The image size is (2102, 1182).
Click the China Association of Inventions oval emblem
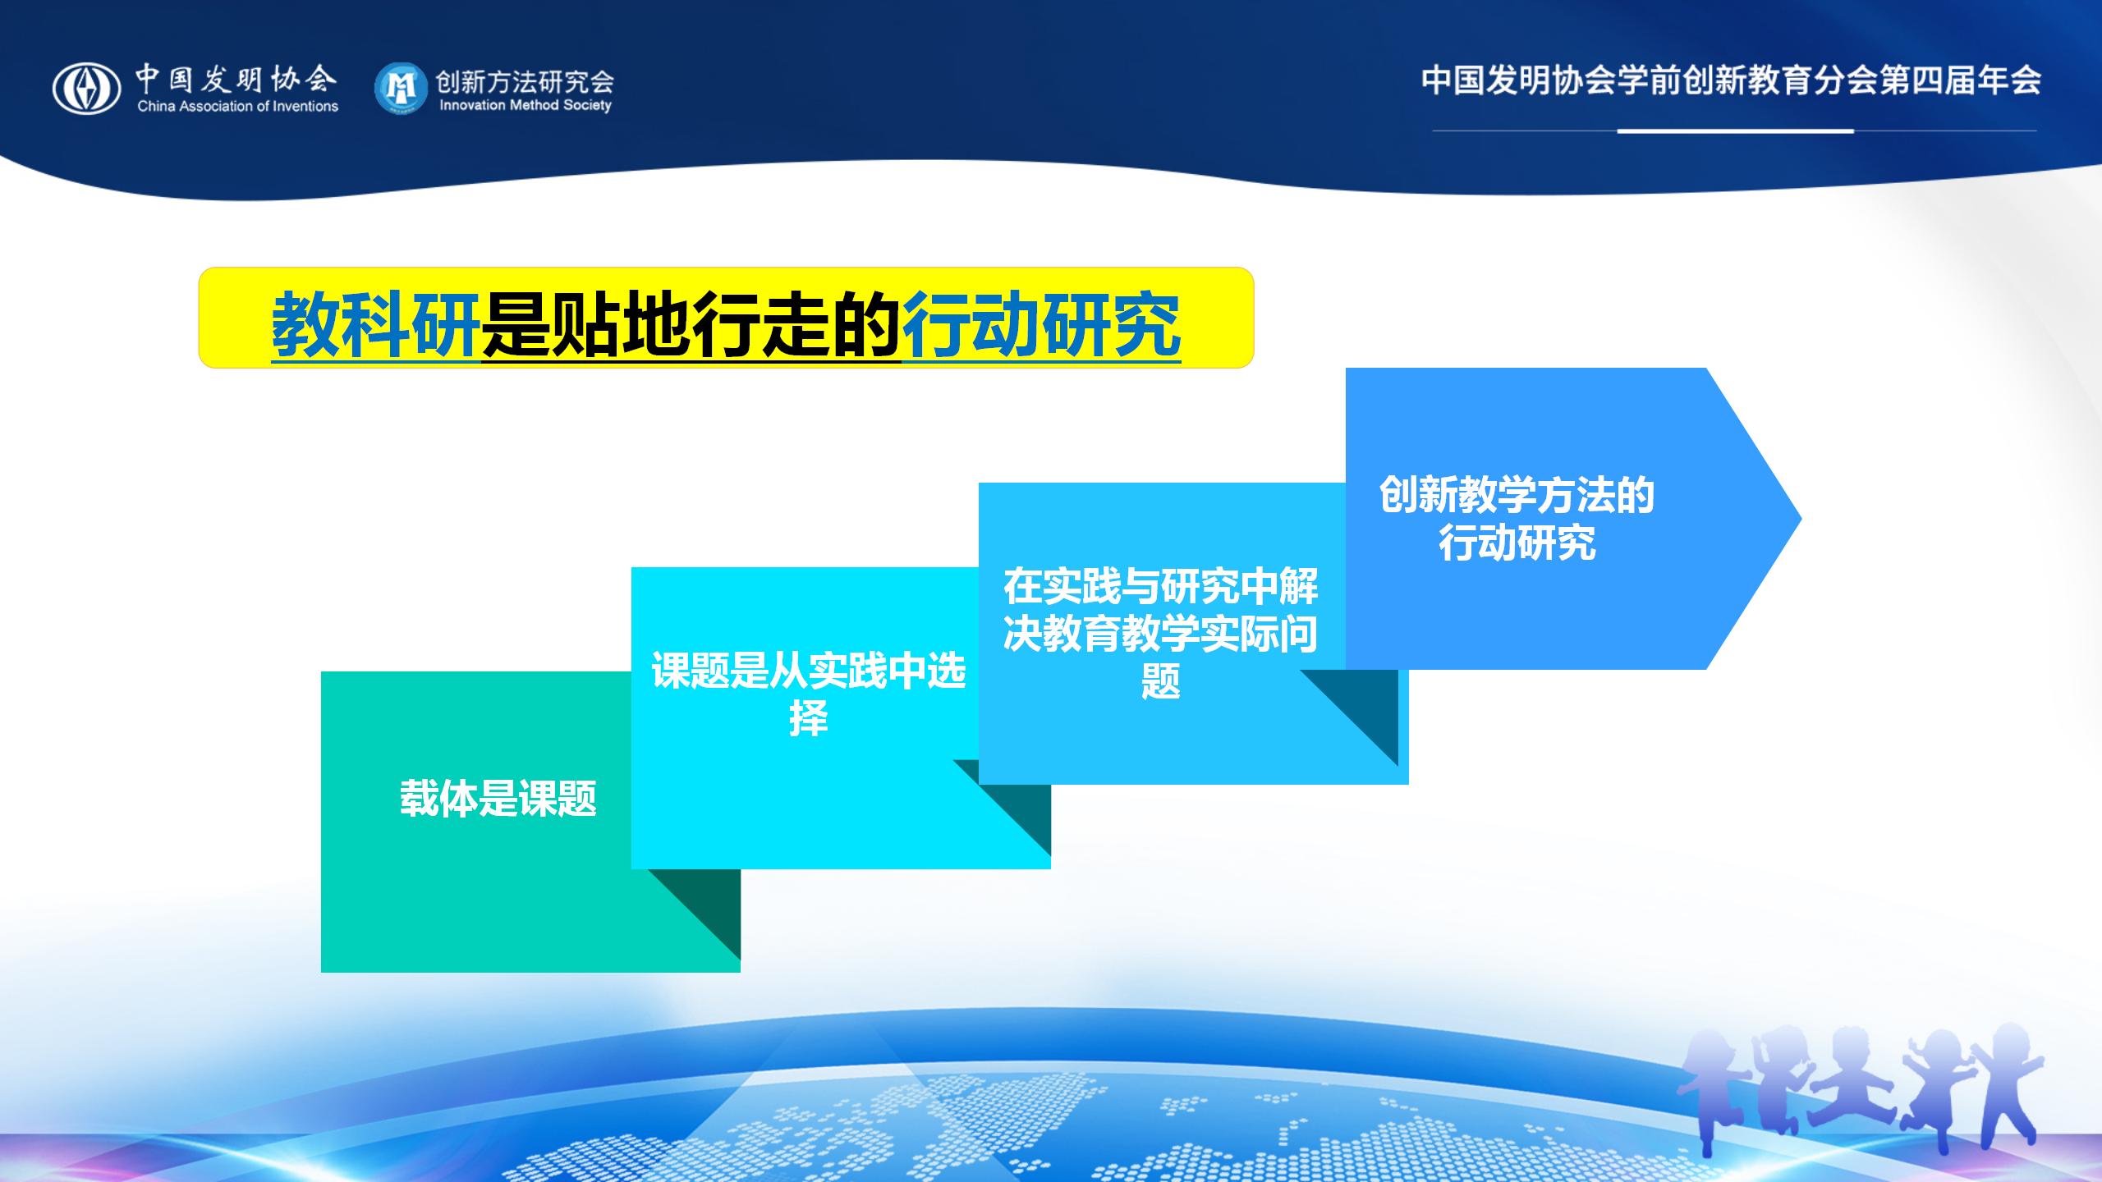click(x=86, y=89)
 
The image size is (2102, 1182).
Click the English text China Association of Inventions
click(x=238, y=106)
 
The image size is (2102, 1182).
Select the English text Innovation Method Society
click(x=525, y=105)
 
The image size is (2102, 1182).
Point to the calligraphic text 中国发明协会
click(x=236, y=79)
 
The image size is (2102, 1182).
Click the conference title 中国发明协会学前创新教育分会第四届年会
click(x=1732, y=80)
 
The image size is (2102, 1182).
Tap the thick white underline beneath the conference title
click(x=1736, y=131)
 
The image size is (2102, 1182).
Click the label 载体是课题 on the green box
click(x=498, y=798)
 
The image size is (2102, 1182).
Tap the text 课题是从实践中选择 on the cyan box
click(x=809, y=694)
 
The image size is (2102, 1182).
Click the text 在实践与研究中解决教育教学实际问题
click(x=1161, y=633)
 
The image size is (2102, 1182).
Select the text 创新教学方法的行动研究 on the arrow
click(x=1517, y=518)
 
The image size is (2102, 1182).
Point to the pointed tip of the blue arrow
click(x=1801, y=518)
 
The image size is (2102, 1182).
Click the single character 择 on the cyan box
click(x=809, y=718)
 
